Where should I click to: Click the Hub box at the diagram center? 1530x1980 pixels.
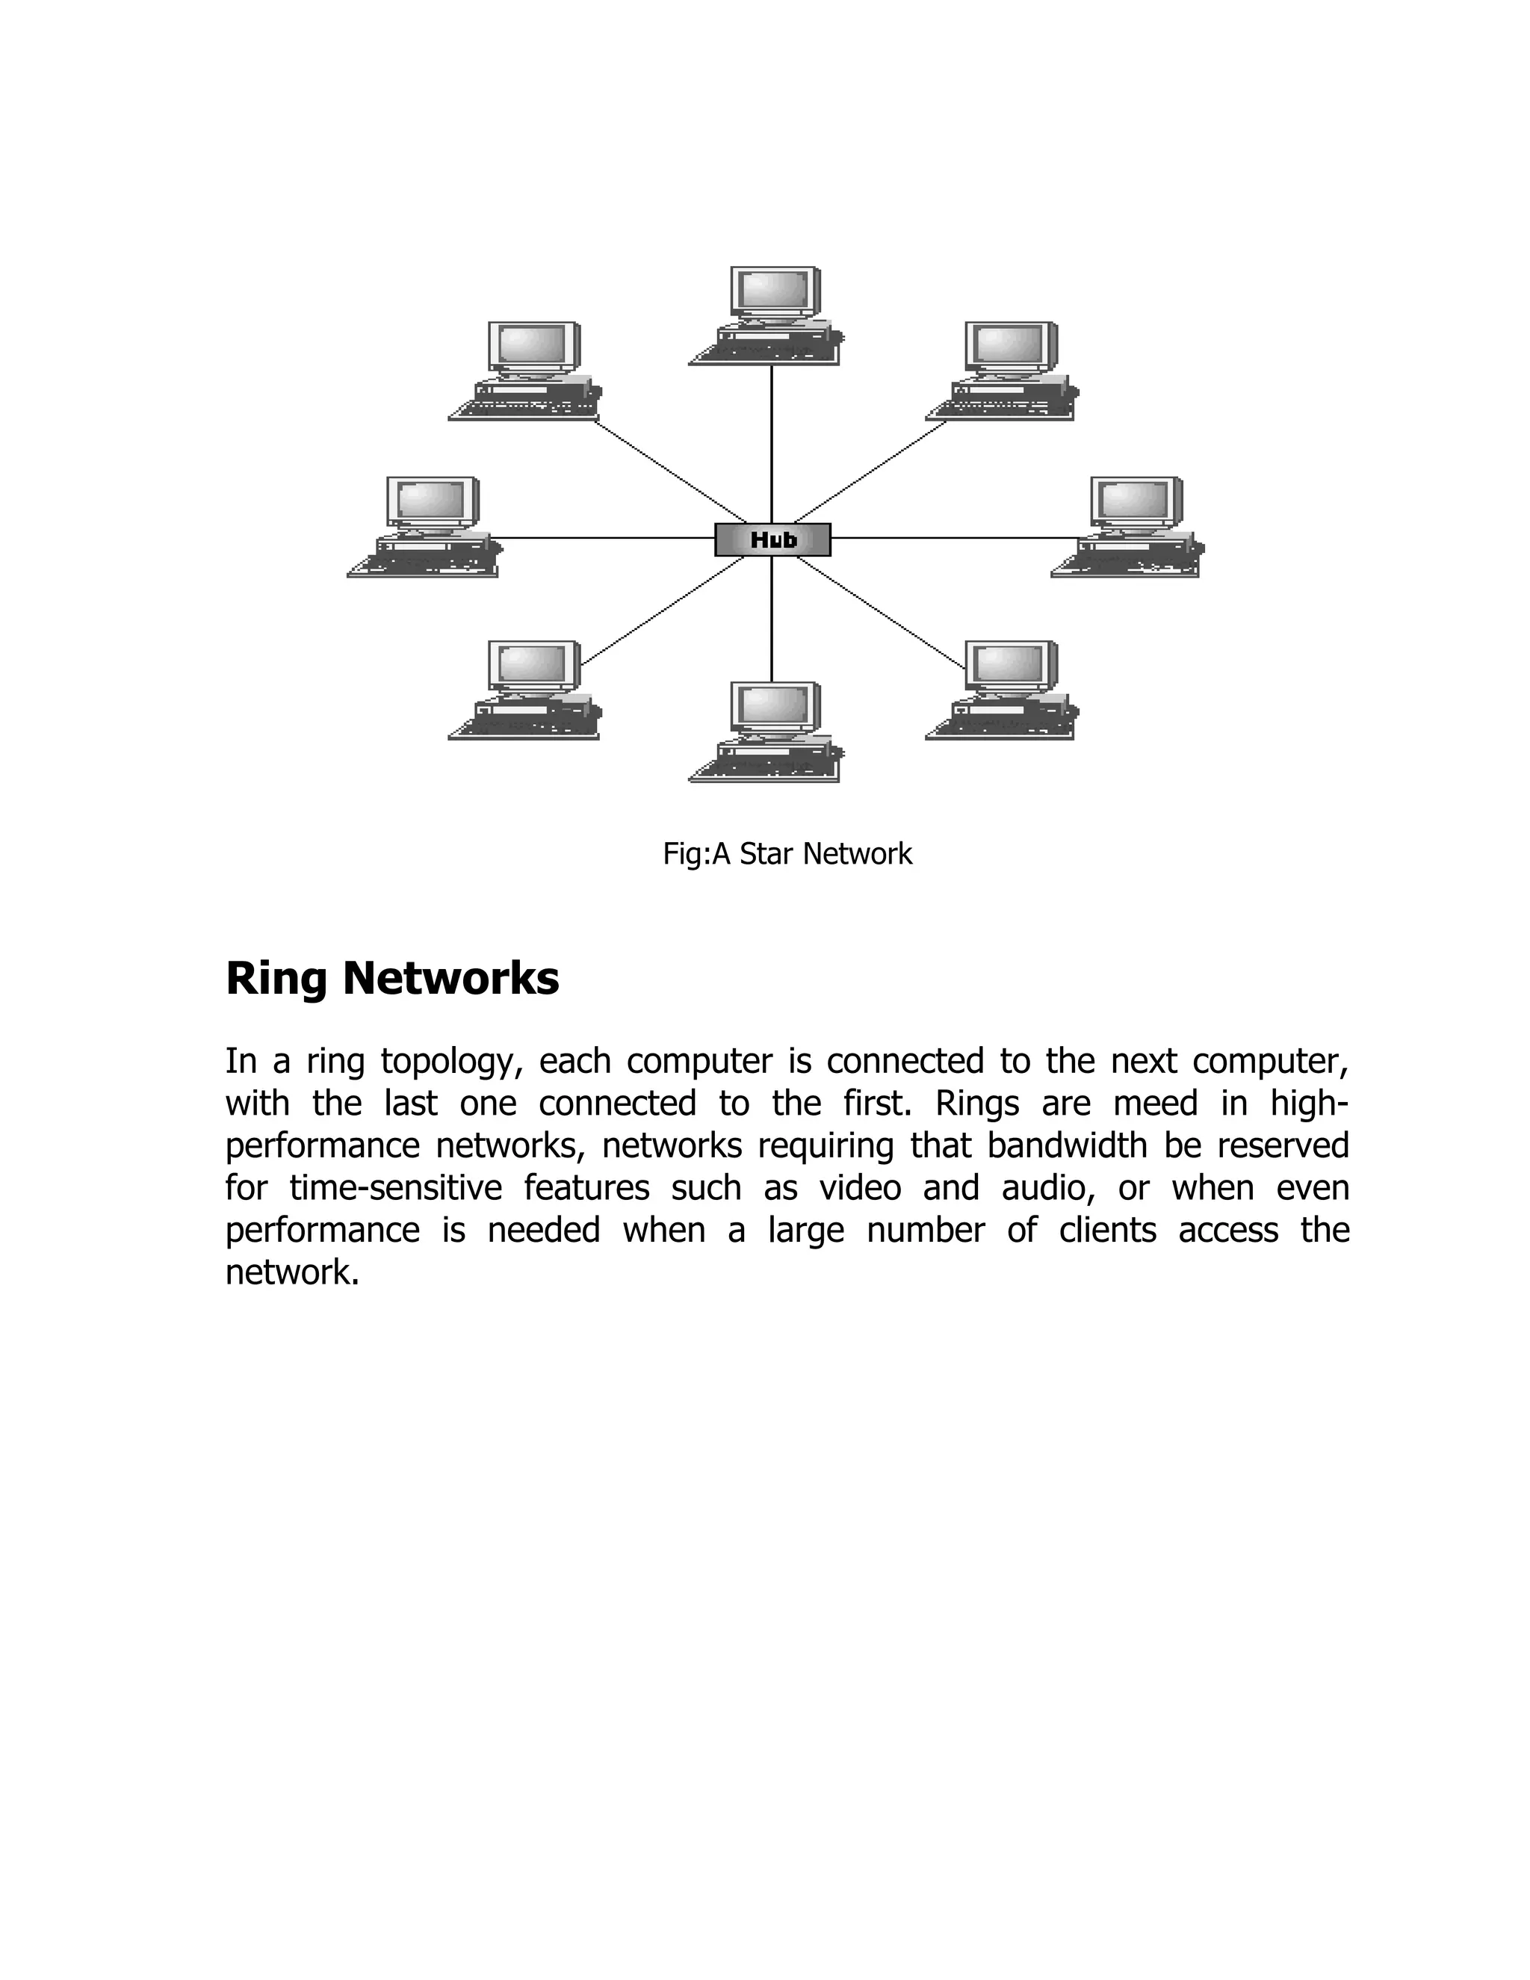click(x=772, y=539)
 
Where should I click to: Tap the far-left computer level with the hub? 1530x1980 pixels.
click(x=426, y=527)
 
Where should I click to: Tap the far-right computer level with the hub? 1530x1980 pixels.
click(x=1130, y=527)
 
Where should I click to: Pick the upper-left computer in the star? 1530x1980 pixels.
click(x=527, y=371)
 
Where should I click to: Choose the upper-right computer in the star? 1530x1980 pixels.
click(x=1004, y=371)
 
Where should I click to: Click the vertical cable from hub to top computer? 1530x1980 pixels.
click(x=771, y=445)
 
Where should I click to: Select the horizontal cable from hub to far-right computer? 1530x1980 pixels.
click(x=952, y=538)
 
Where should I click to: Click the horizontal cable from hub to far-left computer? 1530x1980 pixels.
click(x=607, y=538)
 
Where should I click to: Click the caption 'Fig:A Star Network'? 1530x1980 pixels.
click(x=787, y=854)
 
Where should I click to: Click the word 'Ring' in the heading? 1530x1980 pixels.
click(x=276, y=979)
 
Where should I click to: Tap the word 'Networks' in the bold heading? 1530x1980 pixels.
click(x=450, y=979)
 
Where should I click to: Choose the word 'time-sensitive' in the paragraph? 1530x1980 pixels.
click(x=395, y=1188)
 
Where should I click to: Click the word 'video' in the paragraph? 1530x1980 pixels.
click(x=859, y=1188)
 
